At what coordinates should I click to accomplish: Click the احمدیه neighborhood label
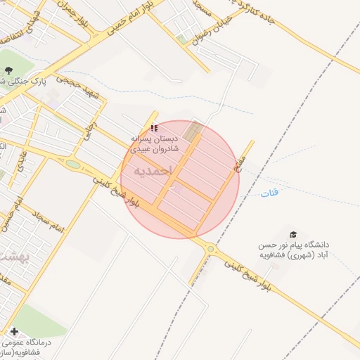[151, 171]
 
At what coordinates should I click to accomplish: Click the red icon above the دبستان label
[154, 127]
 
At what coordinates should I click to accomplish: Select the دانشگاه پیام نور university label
[294, 250]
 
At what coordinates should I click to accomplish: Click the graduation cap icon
[293, 235]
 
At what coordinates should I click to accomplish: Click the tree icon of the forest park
[9, 70]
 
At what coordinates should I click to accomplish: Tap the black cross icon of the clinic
[14, 331]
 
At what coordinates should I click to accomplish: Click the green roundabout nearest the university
[210, 248]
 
